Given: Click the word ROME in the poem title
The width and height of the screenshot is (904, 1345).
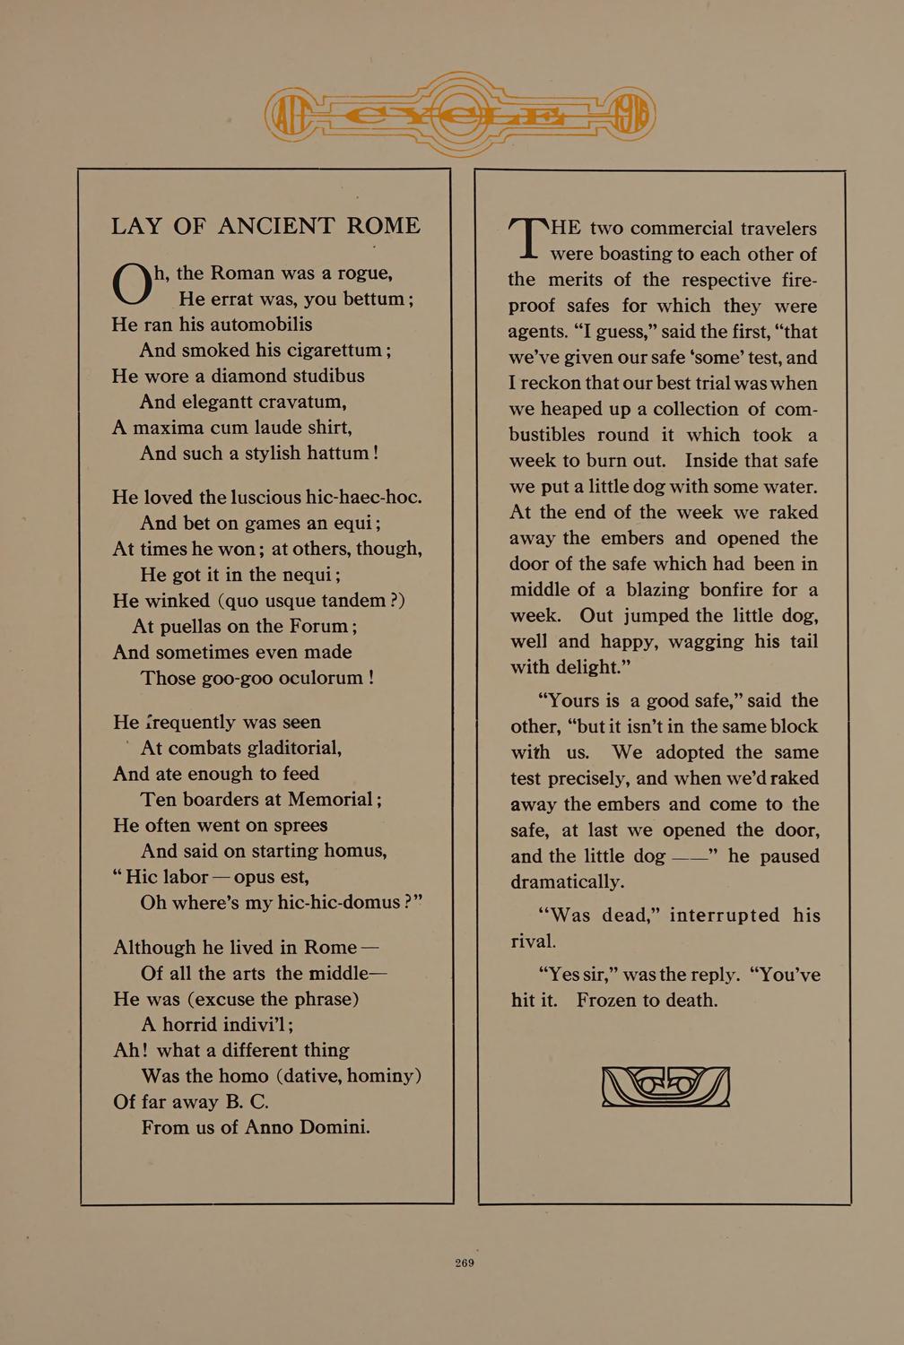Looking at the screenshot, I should pyautogui.click(x=383, y=226).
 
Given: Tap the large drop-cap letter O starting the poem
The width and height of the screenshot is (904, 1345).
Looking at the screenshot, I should pyautogui.click(x=132, y=285).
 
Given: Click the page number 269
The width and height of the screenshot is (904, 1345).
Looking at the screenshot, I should pyautogui.click(x=464, y=1263).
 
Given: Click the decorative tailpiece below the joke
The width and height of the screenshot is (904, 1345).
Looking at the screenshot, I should pyautogui.click(x=665, y=1086).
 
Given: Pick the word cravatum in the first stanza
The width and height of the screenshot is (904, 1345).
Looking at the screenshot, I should pyautogui.click(x=292, y=402).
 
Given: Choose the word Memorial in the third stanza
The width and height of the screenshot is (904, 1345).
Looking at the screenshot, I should pyautogui.click(x=327, y=799).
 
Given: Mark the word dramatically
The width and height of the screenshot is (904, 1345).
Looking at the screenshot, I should pyautogui.click(x=567, y=881).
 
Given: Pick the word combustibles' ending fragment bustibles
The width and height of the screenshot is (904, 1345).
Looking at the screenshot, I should pyautogui.click(x=547, y=435).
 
